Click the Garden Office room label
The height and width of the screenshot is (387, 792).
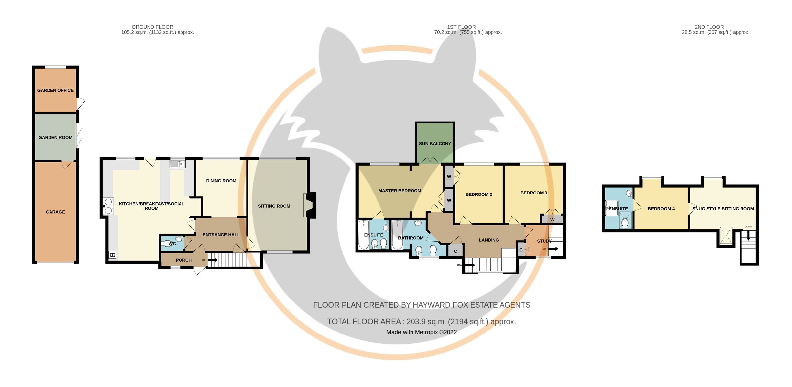click(x=55, y=90)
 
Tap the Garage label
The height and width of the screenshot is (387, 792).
click(x=55, y=212)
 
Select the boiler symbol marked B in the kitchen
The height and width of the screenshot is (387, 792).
click(x=112, y=255)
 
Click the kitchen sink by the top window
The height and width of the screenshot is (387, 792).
click(x=178, y=164)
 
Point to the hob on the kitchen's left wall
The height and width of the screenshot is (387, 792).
click(x=108, y=206)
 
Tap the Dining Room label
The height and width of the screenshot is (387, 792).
click(x=221, y=181)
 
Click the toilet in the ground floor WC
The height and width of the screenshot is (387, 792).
click(x=167, y=244)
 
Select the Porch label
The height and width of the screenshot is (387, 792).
click(x=184, y=260)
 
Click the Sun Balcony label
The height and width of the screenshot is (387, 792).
click(x=435, y=144)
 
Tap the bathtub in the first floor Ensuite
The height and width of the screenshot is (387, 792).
click(x=364, y=235)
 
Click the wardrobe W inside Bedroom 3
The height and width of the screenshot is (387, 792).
click(x=552, y=219)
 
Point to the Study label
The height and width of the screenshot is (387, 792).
click(x=544, y=241)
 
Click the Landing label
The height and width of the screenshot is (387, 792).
click(x=489, y=240)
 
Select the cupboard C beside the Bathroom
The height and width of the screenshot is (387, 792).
click(x=455, y=251)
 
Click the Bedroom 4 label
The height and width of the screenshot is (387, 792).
click(x=661, y=209)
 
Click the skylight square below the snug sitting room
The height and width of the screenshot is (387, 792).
click(x=726, y=235)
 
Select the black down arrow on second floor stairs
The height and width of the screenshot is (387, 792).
click(x=748, y=235)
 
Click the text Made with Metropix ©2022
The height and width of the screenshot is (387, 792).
click(x=421, y=332)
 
